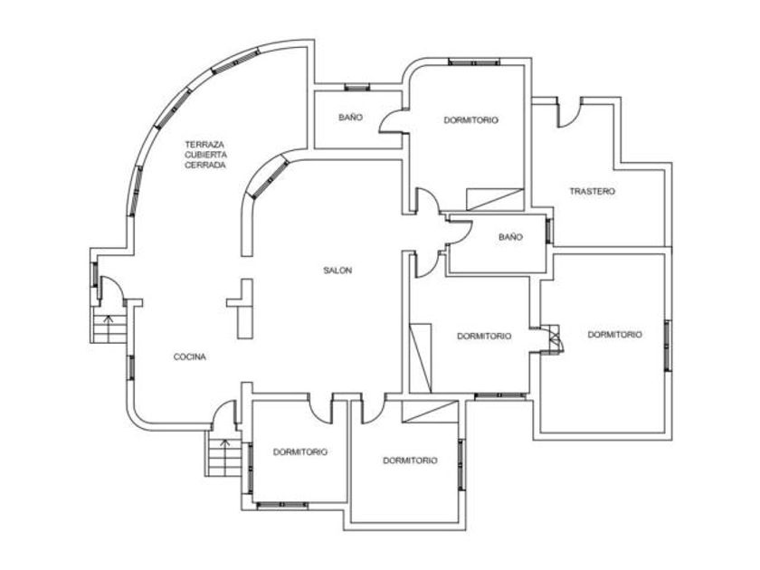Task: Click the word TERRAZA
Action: point(204,145)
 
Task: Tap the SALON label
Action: point(337,271)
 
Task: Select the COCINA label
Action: point(190,356)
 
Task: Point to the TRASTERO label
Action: point(593,192)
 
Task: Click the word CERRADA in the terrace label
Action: point(205,165)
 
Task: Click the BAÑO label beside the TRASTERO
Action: point(511,237)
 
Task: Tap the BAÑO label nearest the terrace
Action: point(350,117)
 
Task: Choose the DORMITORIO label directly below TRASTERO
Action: point(614,335)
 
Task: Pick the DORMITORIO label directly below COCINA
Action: point(300,451)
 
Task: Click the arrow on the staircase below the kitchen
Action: point(224,457)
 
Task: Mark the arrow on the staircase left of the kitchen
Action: point(109,328)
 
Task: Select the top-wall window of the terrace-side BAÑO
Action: point(357,87)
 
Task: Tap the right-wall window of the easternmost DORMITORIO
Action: point(668,346)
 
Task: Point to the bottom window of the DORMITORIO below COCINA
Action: point(282,505)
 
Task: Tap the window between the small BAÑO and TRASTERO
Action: point(549,232)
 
